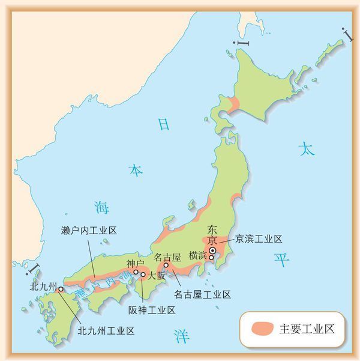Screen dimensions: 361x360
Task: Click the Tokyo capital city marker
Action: (x=212, y=250)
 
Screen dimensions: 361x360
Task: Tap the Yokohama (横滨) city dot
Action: (x=211, y=258)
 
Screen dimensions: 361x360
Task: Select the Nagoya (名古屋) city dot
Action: (x=166, y=265)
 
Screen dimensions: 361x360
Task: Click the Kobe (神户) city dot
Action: (x=136, y=272)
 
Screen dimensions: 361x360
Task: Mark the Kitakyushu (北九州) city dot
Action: (x=61, y=290)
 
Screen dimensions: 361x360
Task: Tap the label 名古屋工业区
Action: (x=202, y=294)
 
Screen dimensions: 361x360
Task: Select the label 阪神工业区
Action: (x=152, y=310)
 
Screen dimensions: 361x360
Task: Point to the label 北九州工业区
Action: (x=106, y=330)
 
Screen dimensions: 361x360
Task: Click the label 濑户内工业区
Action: (x=89, y=230)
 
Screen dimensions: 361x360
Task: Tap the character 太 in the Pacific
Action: (x=307, y=149)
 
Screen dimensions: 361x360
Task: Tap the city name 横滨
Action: (x=197, y=255)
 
